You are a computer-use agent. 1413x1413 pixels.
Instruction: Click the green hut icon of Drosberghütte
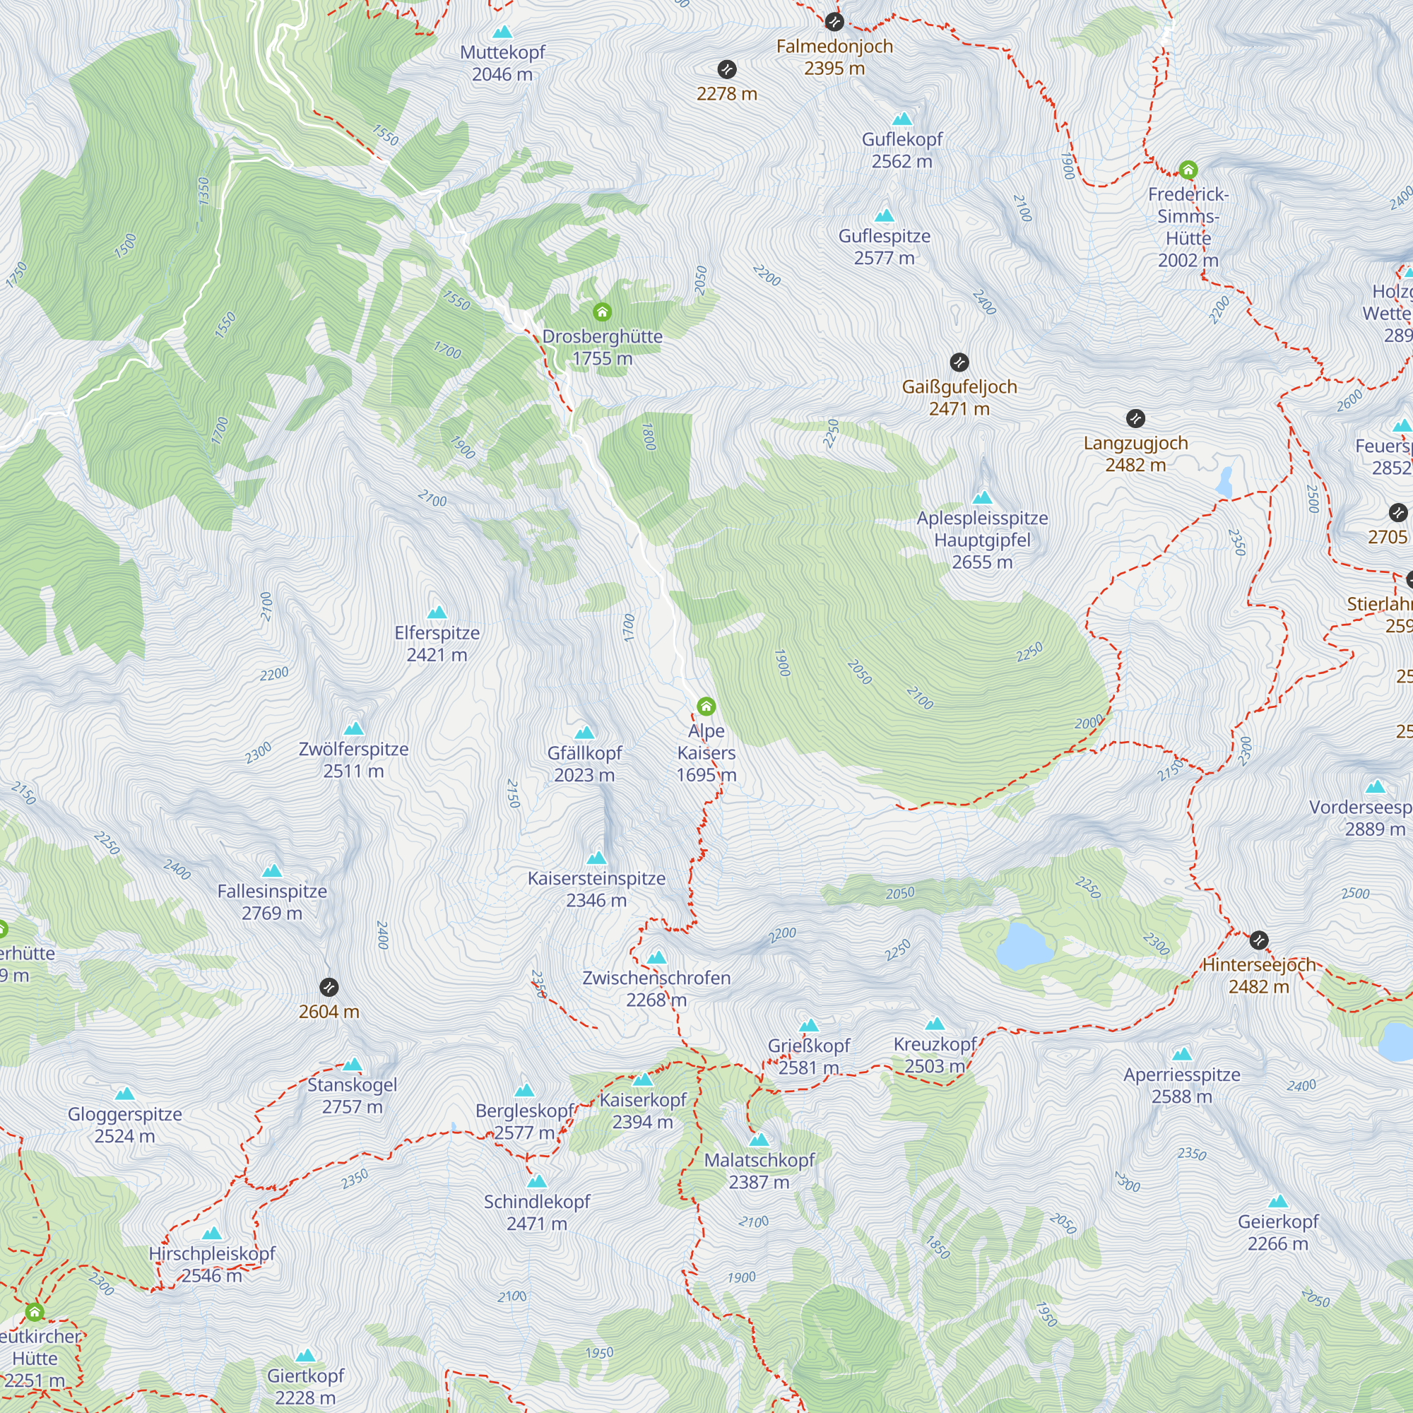click(x=602, y=312)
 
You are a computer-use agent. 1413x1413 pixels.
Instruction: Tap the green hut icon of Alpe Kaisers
click(x=706, y=706)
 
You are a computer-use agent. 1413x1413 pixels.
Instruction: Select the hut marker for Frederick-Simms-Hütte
click(x=1188, y=170)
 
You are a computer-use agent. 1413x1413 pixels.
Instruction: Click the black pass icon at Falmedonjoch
click(x=834, y=22)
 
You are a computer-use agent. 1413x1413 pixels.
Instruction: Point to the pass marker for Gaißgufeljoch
click(x=959, y=362)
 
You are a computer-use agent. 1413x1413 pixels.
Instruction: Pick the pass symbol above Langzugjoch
click(x=1135, y=418)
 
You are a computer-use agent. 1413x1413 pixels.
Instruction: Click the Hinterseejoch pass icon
click(x=1258, y=940)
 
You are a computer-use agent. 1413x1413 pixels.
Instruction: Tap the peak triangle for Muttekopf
click(x=502, y=32)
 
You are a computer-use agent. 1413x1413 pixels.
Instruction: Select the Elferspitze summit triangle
click(x=437, y=612)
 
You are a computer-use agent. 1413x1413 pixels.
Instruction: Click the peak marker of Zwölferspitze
click(x=354, y=728)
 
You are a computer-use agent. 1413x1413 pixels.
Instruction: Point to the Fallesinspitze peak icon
click(x=272, y=870)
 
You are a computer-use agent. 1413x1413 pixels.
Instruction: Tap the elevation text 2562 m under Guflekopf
click(x=901, y=161)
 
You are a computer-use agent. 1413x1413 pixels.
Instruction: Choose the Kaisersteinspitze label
click(x=596, y=878)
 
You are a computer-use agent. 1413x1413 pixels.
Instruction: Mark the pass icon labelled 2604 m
click(x=329, y=988)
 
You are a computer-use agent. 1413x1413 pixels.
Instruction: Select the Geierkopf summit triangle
click(x=1277, y=1201)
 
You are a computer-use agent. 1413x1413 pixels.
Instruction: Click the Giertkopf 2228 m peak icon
click(x=305, y=1355)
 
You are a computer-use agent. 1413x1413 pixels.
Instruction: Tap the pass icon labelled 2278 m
click(x=726, y=69)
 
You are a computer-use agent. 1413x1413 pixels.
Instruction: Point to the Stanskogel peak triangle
click(x=353, y=1064)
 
